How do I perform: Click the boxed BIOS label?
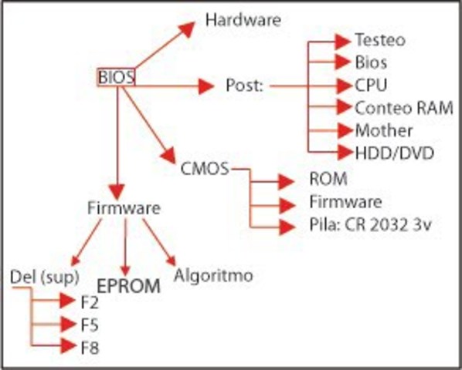click(116, 77)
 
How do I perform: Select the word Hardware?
click(242, 20)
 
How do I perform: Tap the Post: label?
click(245, 85)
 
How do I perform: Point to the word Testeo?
click(379, 40)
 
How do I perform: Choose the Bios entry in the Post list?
click(371, 62)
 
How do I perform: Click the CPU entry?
click(371, 85)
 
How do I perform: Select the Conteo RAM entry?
click(403, 107)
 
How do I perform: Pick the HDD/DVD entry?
click(394, 153)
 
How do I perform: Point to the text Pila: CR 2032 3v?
click(368, 226)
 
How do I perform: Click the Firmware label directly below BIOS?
click(124, 208)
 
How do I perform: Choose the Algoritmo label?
click(213, 274)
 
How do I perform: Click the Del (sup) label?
click(39, 275)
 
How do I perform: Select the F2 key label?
click(89, 301)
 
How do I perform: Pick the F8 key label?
click(89, 347)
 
